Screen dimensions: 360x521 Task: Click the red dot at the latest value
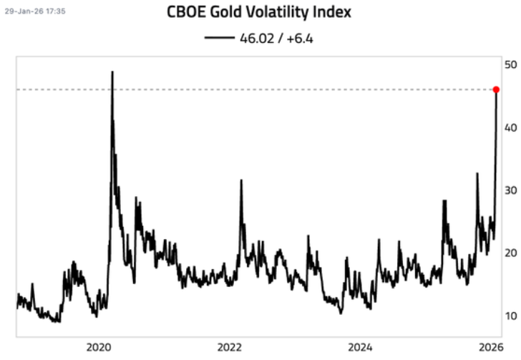496,89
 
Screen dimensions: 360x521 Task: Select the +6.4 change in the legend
301,37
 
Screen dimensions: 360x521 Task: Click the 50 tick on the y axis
510,64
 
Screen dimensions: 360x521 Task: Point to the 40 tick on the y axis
510,127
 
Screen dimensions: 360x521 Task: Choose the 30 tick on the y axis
510,190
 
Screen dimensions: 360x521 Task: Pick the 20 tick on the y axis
510,253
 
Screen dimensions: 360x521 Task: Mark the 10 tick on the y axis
510,316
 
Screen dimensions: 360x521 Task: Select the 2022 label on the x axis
230,347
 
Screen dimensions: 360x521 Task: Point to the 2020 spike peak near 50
112,72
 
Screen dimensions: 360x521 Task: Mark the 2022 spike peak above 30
241,180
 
